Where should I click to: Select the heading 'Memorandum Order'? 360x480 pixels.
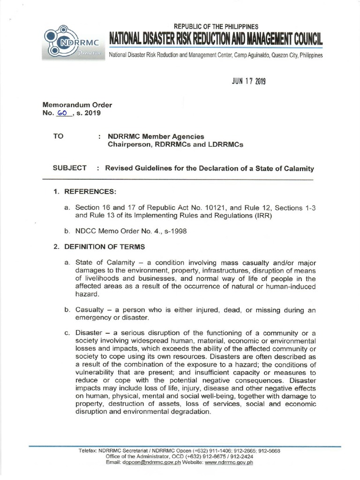coord(77,105)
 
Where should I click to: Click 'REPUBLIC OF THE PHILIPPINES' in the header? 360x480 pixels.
coord(216,27)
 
